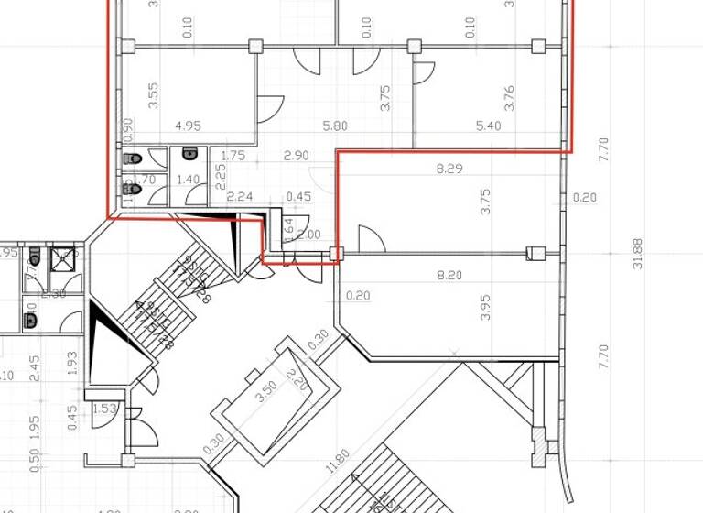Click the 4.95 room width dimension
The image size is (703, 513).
click(187, 126)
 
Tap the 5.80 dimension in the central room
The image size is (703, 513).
click(335, 126)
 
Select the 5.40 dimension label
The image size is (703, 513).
click(489, 126)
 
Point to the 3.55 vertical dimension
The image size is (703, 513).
click(154, 96)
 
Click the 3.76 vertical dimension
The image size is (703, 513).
click(510, 98)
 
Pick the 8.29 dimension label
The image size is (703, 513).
click(449, 169)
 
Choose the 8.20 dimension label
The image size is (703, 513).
click(449, 275)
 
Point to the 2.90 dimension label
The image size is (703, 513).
click(295, 157)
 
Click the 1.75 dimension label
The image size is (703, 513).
click(234, 157)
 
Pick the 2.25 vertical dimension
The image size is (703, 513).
click(220, 174)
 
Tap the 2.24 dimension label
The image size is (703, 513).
click(240, 195)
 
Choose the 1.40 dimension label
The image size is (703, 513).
click(188, 180)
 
